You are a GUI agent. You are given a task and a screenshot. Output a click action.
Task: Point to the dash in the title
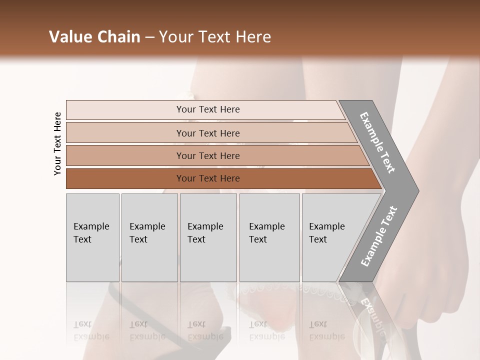(x=149, y=37)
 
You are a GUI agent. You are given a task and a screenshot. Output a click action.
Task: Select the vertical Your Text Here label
(x=57, y=143)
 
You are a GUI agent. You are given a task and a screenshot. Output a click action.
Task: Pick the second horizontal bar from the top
(x=208, y=133)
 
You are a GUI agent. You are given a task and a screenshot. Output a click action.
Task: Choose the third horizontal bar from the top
(x=208, y=155)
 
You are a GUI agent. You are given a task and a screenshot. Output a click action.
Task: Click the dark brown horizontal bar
(x=208, y=178)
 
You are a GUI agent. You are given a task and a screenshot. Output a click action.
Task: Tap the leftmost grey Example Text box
(x=92, y=237)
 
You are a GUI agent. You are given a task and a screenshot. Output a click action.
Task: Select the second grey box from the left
(x=149, y=237)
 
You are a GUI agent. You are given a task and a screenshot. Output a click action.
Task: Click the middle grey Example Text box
(x=208, y=237)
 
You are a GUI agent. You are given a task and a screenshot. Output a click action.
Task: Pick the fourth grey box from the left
(x=269, y=237)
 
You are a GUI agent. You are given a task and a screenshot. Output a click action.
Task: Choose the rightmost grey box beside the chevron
(x=330, y=237)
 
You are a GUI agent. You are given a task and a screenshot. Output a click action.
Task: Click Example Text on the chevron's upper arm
(x=377, y=142)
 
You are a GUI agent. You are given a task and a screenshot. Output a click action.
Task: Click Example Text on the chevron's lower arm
(x=378, y=236)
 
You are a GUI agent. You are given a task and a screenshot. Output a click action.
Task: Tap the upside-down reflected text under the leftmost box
(x=91, y=330)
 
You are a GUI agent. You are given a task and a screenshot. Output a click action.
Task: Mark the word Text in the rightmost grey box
(x=318, y=239)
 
